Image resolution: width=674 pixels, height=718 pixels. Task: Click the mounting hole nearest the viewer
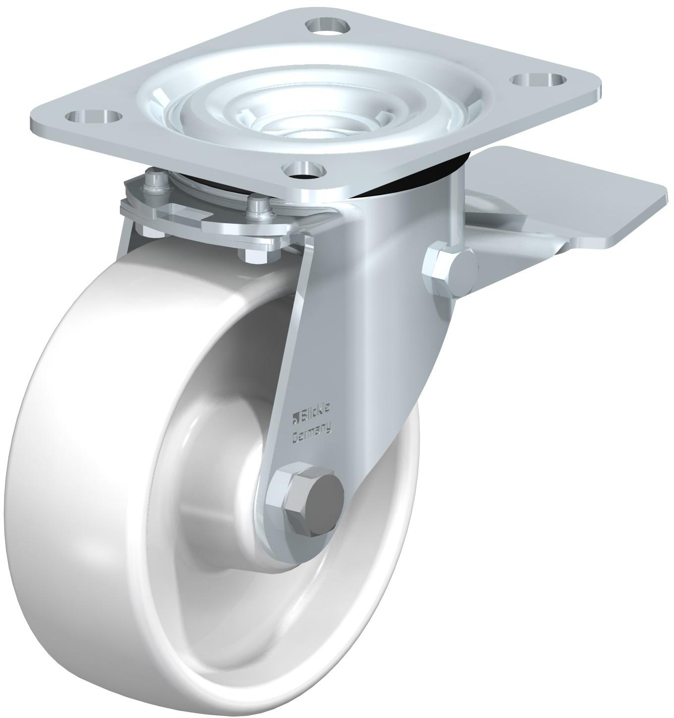pyautogui.click(x=304, y=170)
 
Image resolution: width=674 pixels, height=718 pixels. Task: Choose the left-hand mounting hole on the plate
pyautogui.click(x=93, y=118)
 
